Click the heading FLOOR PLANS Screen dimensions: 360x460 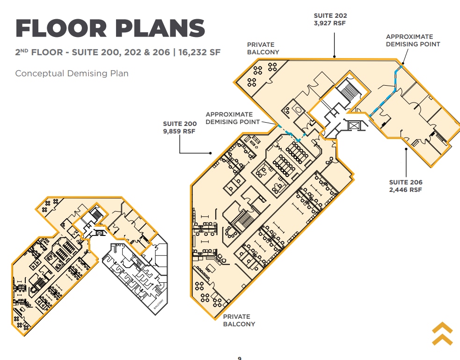click(110, 29)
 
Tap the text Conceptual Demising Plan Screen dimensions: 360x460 click(72, 73)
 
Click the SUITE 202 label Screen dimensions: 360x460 click(330, 15)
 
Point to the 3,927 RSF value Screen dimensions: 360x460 click(330, 23)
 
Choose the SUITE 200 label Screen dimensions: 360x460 click(180, 124)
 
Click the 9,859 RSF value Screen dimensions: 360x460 click(180, 132)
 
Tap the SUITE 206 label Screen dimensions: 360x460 click(406, 183)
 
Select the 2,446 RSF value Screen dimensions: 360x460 click(406, 190)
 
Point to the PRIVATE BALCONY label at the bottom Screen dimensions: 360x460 click(239, 320)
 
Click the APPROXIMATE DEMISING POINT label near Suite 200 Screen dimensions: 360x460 click(233, 118)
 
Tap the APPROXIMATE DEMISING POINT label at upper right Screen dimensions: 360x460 click(413, 40)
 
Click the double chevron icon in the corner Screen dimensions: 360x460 click(442, 334)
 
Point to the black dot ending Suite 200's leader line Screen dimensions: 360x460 click(212, 153)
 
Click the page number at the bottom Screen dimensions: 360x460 click(240, 358)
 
